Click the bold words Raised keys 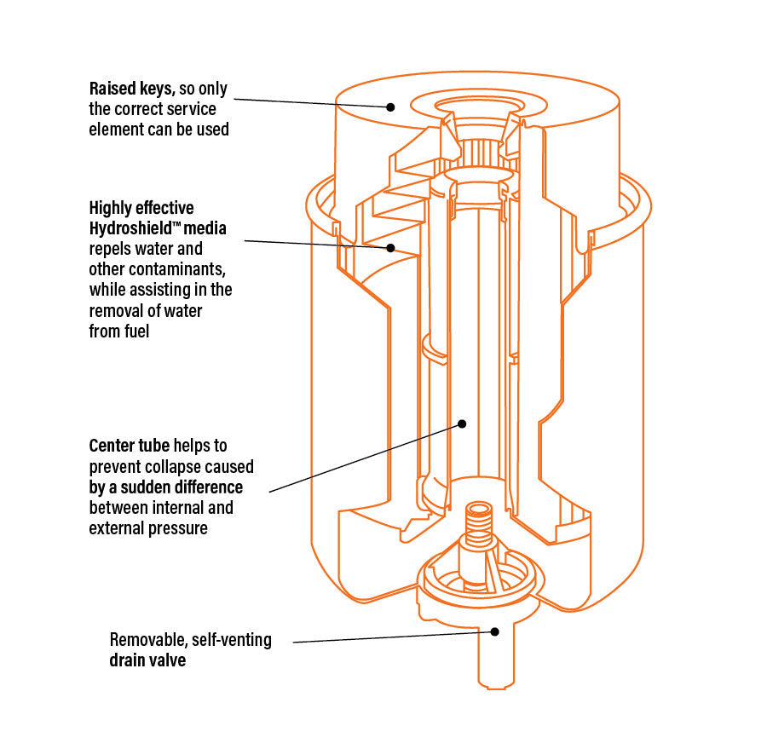tap(132, 89)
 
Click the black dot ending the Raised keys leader tap(390, 107)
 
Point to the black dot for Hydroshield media tap(390, 248)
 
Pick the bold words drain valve tap(147, 660)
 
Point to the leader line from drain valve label tap(392, 636)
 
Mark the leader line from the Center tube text tap(366, 457)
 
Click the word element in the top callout tap(116, 130)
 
